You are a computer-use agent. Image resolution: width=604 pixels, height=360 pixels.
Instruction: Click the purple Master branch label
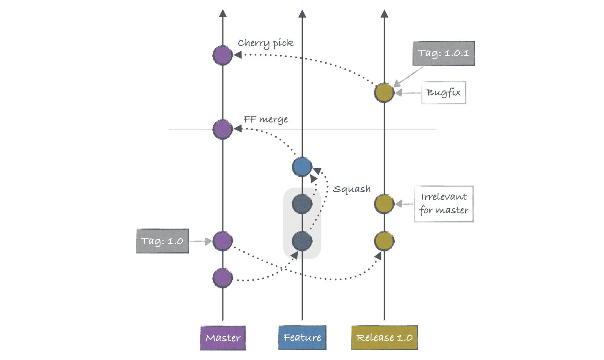pos(222,338)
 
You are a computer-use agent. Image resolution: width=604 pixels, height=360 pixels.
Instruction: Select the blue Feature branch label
pos(302,337)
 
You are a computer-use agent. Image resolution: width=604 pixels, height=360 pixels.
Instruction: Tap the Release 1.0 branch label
pos(384,338)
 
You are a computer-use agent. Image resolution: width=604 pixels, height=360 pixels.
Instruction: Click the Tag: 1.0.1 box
pos(443,53)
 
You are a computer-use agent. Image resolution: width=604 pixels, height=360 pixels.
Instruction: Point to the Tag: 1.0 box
pos(162,241)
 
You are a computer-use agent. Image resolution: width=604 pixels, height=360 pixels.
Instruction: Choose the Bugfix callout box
pos(444,92)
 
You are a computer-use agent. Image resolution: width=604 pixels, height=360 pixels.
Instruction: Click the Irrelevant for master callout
pos(444,203)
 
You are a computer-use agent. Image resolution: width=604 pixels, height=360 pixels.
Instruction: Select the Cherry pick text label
pos(265,43)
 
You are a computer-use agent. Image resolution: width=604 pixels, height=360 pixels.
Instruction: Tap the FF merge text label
pos(266,119)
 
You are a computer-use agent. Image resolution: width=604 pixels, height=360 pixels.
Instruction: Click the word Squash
pos(352,189)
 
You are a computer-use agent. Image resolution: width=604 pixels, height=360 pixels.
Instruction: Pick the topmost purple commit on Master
pos(223,55)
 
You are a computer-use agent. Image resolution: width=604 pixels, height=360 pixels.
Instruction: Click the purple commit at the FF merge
pos(223,128)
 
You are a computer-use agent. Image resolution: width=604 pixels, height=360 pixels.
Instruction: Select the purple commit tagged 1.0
pos(223,241)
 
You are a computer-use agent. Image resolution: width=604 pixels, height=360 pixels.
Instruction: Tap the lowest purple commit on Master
pos(223,278)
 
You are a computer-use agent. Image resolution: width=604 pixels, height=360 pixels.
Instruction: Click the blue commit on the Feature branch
pos(302,166)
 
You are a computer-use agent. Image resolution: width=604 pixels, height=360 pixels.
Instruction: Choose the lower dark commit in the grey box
pos(302,241)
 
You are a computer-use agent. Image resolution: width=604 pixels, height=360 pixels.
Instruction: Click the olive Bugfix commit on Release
pos(384,93)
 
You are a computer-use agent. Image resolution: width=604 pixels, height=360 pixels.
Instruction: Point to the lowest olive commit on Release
pos(384,241)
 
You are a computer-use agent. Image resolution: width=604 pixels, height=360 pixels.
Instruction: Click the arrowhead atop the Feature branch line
pos(302,13)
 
